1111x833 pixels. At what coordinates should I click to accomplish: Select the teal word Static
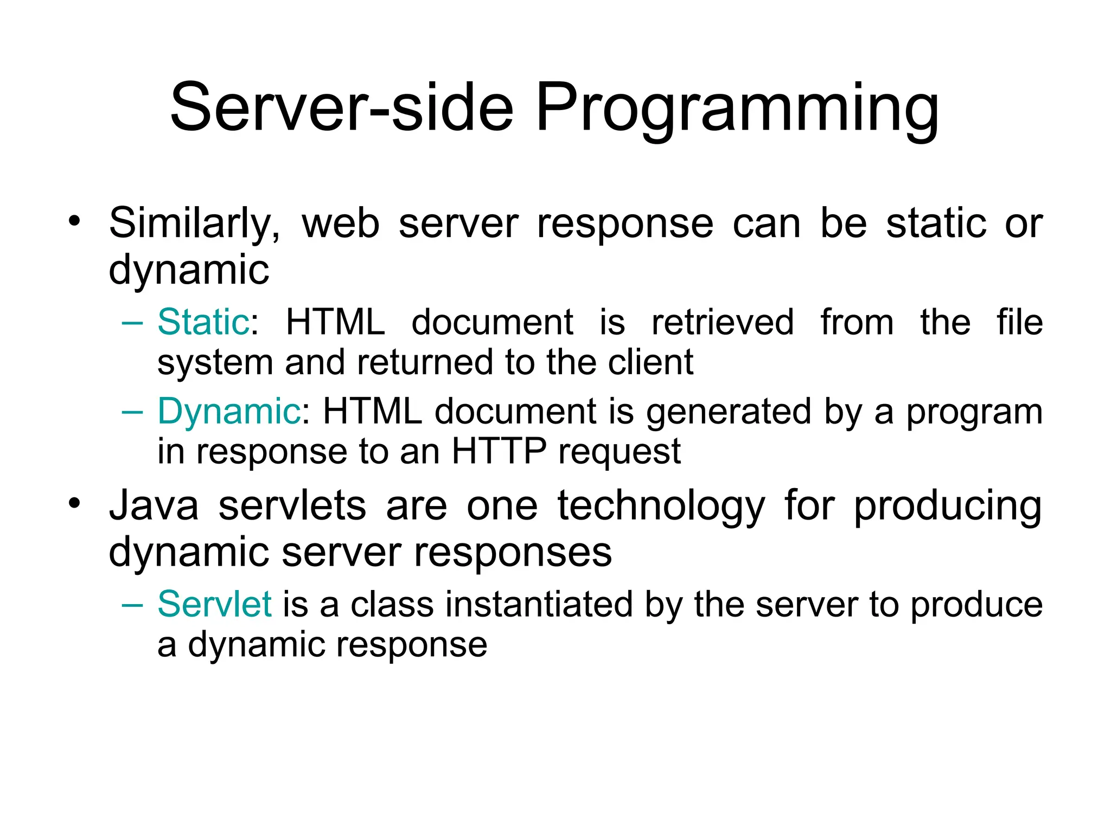pyautogui.click(x=203, y=322)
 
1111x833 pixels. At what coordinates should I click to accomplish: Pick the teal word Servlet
pyautogui.click(x=214, y=604)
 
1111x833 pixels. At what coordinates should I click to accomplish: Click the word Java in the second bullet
pyautogui.click(x=154, y=505)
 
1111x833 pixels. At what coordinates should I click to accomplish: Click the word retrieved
pyautogui.click(x=723, y=322)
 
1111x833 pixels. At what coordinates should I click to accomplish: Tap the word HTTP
pyautogui.click(x=499, y=451)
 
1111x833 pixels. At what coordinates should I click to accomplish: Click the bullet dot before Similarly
pyautogui.click(x=74, y=221)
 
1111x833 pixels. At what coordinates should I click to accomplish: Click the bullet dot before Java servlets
pyautogui.click(x=74, y=503)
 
